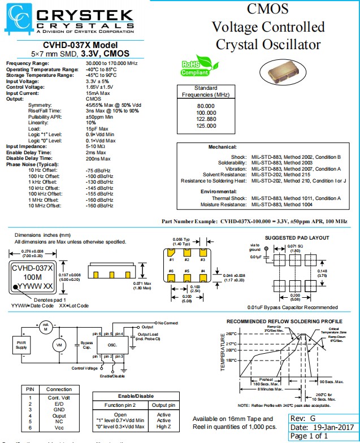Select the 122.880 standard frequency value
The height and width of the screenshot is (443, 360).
pyautogui.click(x=205, y=119)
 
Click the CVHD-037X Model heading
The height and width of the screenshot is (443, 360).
pyautogui.click(x=73, y=45)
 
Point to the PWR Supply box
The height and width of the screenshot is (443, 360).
pyautogui.click(x=21, y=344)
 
